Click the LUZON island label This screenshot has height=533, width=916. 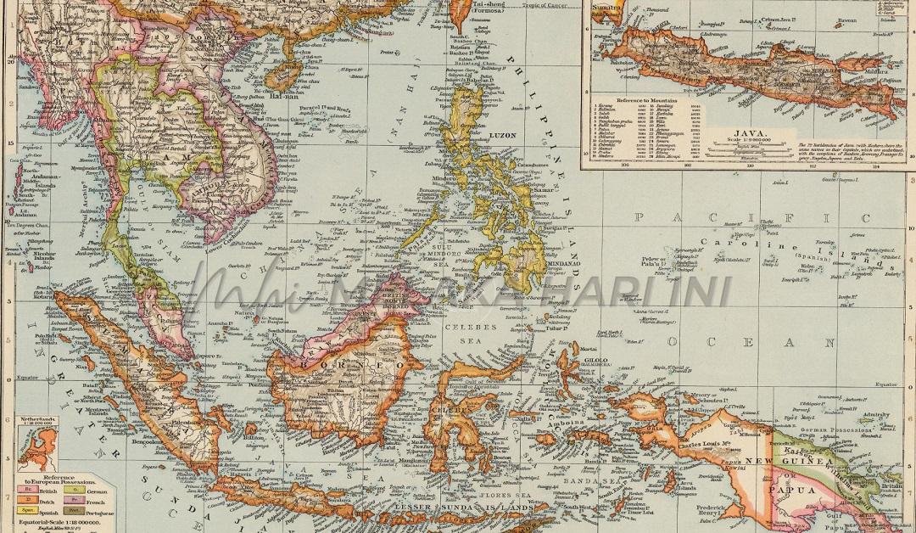[504, 135]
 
